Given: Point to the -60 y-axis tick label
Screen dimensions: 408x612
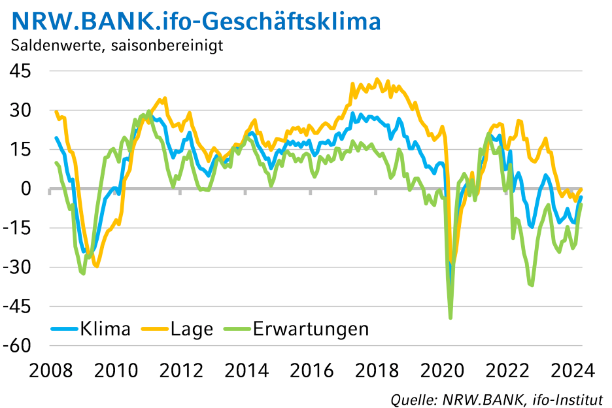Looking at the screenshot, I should (20, 345).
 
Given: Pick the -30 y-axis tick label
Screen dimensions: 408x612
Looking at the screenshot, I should (20, 267).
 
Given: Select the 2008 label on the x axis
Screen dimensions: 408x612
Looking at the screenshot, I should (49, 371).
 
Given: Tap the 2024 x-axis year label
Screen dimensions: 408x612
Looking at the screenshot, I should (572, 371).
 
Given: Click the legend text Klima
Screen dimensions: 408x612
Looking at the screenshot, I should (105, 328).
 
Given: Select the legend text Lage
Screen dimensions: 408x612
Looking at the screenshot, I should (192, 328).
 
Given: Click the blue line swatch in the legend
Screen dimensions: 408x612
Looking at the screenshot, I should (64, 329).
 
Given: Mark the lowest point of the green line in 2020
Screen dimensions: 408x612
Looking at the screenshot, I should (450, 318).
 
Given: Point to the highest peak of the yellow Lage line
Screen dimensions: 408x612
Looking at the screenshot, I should (376, 80).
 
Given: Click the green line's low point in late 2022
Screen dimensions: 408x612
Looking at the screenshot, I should (532, 285).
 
